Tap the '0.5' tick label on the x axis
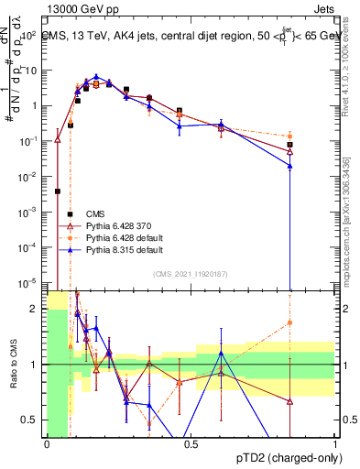191,443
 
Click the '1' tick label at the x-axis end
335,443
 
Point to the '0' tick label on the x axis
47,443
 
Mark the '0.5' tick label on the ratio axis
32,420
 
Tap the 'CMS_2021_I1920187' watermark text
190,273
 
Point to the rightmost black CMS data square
289,145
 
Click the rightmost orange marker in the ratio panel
289,322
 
